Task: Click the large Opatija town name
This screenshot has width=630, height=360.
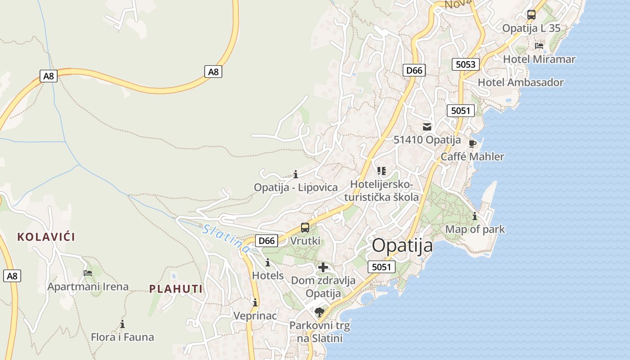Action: (x=402, y=246)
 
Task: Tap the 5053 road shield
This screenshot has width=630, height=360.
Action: (x=465, y=64)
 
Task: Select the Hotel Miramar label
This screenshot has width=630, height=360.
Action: (x=539, y=59)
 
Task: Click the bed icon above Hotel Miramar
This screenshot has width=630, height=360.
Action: (x=539, y=46)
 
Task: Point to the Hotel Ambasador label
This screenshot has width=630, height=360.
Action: (x=520, y=82)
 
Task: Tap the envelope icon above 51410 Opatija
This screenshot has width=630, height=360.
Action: (x=427, y=127)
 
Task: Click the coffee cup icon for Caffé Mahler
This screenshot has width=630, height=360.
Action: (x=472, y=144)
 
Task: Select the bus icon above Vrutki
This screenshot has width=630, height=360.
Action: (x=305, y=228)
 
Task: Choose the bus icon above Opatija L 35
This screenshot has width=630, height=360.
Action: (x=531, y=15)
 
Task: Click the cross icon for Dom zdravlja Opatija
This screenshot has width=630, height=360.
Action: (x=323, y=268)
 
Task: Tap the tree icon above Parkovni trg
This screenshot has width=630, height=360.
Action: (x=319, y=312)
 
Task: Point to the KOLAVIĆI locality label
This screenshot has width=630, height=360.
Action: (x=46, y=237)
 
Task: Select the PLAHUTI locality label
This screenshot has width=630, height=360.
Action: (x=176, y=289)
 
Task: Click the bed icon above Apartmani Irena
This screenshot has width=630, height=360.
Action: (x=88, y=273)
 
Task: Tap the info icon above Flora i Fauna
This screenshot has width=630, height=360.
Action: (x=122, y=324)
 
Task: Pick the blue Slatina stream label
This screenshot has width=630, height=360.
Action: (x=225, y=238)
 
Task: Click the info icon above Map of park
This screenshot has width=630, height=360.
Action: (x=475, y=216)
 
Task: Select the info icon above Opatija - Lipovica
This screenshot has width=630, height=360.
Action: (x=296, y=174)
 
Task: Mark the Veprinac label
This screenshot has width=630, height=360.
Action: (x=255, y=316)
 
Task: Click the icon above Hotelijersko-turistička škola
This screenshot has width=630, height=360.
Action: (x=382, y=171)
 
